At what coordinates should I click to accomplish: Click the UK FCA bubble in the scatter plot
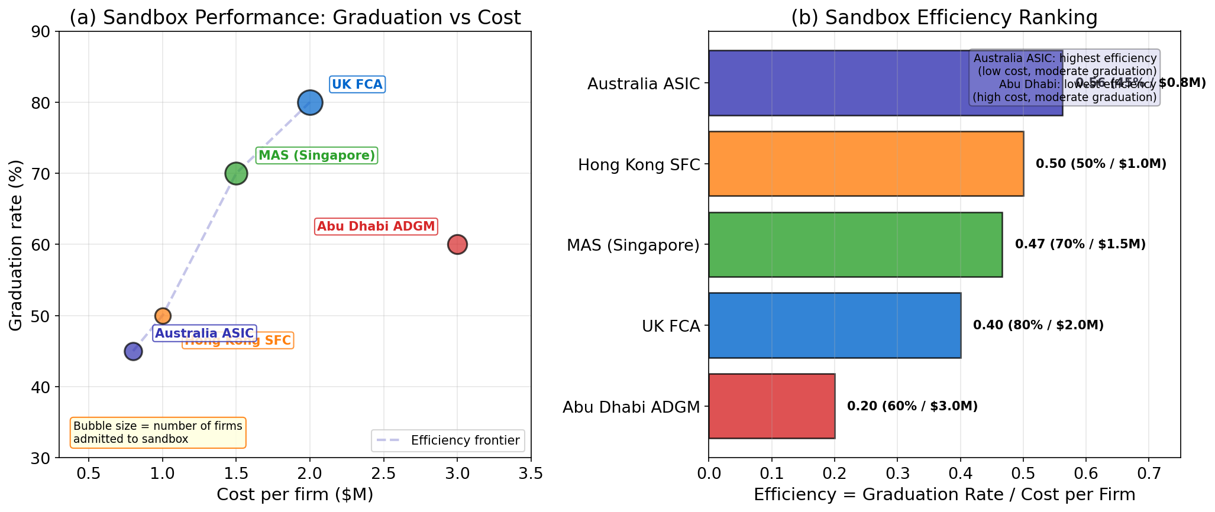click(310, 103)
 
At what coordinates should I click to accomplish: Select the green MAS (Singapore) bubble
click(236, 174)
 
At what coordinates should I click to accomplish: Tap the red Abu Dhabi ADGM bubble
click(457, 244)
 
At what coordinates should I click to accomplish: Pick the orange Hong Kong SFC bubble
click(163, 316)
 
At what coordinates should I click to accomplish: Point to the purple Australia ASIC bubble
click(133, 351)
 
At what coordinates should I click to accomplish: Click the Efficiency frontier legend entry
click(448, 440)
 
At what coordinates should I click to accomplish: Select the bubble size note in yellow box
click(157, 432)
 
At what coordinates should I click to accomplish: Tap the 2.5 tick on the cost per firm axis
click(383, 474)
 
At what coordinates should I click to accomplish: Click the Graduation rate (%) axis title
click(16, 245)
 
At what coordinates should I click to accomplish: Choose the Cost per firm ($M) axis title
click(295, 495)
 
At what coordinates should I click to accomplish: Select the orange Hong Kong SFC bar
click(865, 164)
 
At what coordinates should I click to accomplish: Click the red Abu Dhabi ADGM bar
click(771, 406)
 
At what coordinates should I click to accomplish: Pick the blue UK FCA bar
click(834, 325)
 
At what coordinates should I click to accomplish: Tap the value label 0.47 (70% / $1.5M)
click(1080, 244)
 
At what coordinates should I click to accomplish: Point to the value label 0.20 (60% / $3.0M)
click(912, 406)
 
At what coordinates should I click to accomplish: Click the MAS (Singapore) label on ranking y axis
click(633, 245)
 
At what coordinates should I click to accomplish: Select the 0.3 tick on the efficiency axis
click(897, 474)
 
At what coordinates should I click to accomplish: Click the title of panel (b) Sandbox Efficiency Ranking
click(944, 18)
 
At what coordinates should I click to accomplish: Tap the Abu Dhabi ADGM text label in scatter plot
click(376, 226)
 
